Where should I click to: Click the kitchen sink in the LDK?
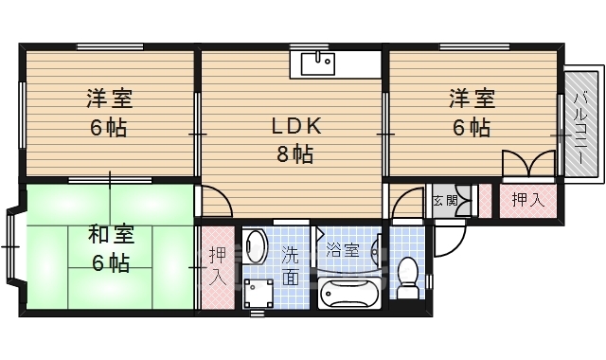point(317,63)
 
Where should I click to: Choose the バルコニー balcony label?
point(582,123)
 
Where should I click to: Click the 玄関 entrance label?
point(444,200)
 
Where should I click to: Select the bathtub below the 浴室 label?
point(349,295)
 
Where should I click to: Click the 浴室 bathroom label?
point(342,250)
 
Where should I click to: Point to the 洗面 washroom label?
point(290,265)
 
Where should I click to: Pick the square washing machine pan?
point(257,295)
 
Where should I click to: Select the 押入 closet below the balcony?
point(527,200)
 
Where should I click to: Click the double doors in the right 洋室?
point(527,165)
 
